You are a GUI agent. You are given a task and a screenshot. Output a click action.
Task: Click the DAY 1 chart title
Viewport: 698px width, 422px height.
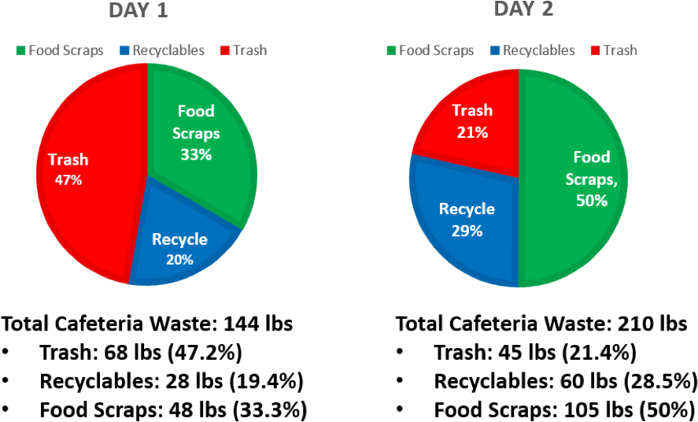(138, 10)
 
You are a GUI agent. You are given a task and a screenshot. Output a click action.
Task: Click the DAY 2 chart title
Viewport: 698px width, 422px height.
(523, 9)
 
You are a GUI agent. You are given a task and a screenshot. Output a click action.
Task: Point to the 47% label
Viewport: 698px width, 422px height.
(68, 180)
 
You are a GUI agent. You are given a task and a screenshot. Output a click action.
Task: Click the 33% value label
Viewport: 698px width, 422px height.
(196, 155)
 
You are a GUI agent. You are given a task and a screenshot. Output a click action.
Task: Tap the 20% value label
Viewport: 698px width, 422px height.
(179, 259)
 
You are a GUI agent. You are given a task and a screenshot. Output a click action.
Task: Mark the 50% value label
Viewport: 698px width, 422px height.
(592, 201)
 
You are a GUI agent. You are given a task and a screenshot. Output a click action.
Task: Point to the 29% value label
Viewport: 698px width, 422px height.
(467, 231)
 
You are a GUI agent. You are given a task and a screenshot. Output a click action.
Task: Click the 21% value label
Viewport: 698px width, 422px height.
(472, 133)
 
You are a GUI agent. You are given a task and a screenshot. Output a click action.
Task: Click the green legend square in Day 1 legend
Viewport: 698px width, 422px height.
(21, 50)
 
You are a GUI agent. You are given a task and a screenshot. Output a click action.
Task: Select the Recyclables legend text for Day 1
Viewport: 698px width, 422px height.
(168, 50)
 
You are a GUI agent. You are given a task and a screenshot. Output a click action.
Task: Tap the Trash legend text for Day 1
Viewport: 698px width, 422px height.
(249, 50)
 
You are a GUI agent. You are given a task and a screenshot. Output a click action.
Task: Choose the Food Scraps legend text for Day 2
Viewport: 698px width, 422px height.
(436, 50)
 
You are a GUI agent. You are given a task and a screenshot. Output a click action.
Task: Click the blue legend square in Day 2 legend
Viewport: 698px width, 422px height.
(494, 50)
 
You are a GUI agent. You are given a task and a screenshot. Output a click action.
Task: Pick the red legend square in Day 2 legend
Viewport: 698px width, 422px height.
(595, 50)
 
